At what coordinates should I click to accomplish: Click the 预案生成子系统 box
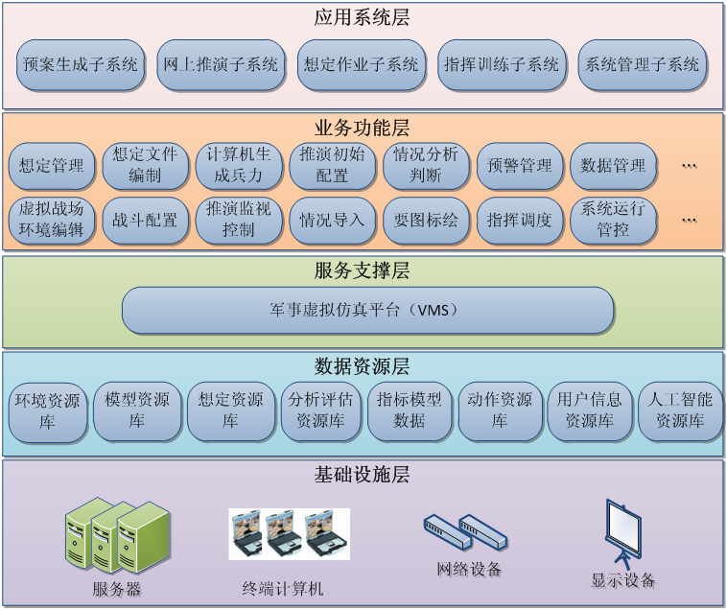point(81,65)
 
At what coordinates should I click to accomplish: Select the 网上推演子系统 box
point(221,65)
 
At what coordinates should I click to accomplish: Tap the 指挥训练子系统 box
point(501,65)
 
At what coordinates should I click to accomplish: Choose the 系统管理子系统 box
point(642,65)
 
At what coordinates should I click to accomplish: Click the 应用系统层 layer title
point(362,17)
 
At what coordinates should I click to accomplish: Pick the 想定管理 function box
point(52,165)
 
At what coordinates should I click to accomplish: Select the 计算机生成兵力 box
point(240,165)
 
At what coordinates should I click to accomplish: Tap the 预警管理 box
point(520,165)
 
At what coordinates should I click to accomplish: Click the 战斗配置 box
point(146,220)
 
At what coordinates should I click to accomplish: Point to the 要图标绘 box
point(427,220)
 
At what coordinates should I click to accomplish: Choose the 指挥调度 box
point(520,220)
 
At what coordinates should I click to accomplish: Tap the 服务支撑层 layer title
point(362,271)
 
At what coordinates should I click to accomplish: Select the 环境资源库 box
point(47,411)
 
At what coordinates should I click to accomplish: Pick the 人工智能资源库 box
point(680,411)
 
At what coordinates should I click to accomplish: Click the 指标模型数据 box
point(410,411)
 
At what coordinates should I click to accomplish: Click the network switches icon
point(463,531)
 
